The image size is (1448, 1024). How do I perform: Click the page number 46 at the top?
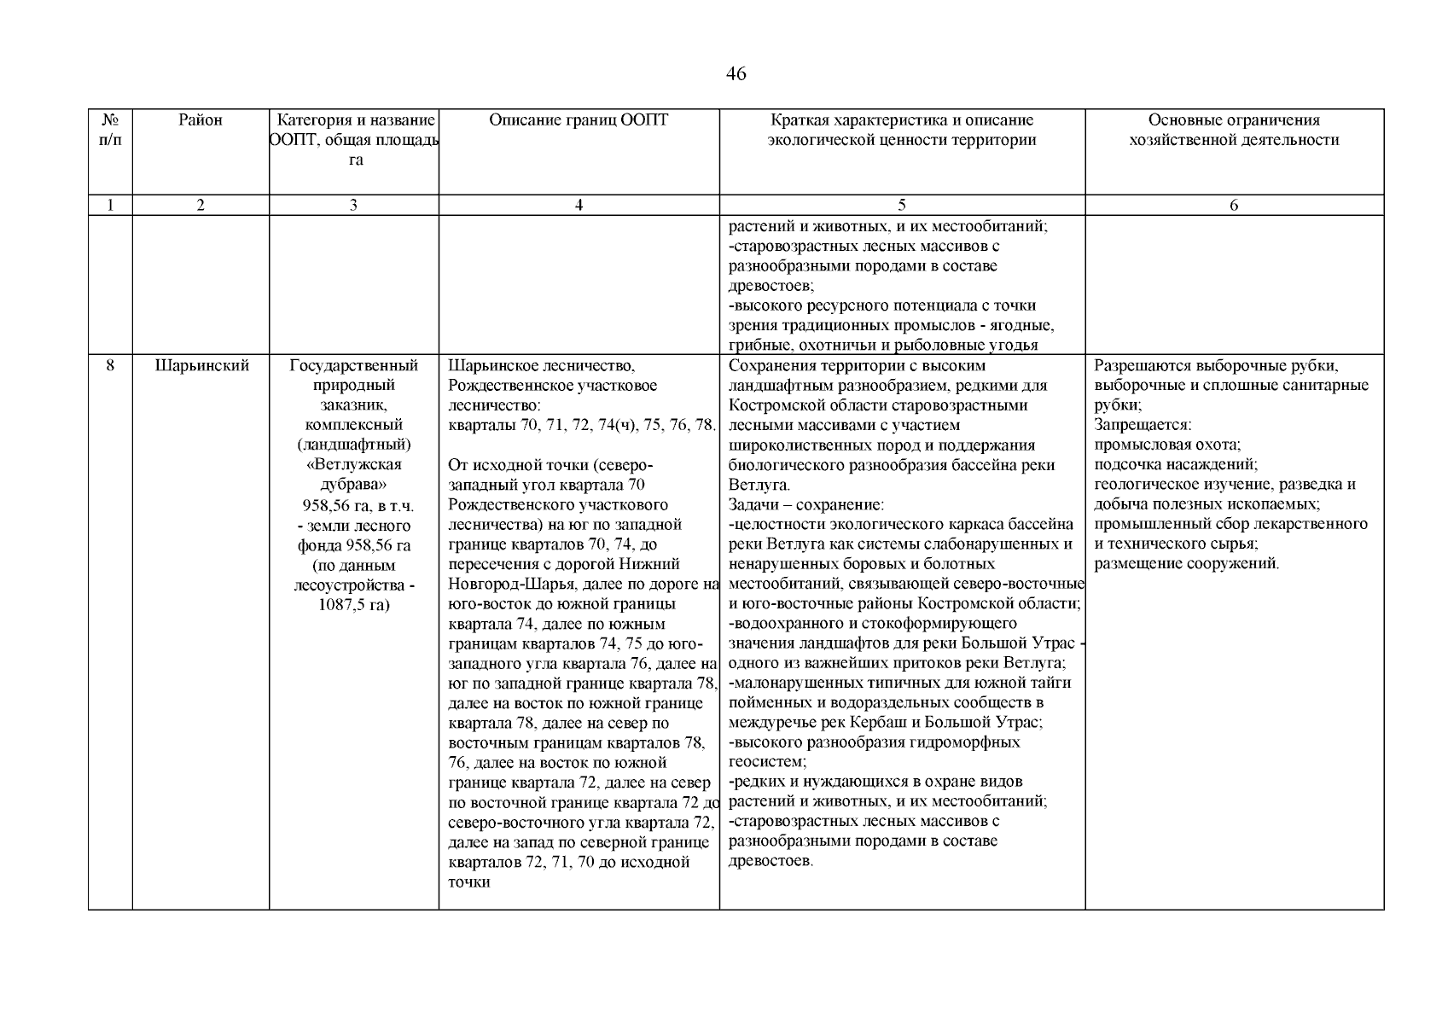[x=736, y=74]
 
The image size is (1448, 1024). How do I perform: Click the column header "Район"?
[x=201, y=120]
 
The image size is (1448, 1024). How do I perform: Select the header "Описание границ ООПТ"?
[x=579, y=120]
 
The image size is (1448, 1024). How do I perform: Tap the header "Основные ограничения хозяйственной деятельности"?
[x=1234, y=131]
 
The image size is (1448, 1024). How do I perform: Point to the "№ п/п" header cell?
[x=110, y=130]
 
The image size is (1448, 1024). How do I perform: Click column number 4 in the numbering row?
[x=579, y=205]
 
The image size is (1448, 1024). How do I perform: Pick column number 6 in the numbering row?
[x=1234, y=205]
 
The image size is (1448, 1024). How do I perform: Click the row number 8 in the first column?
[x=110, y=366]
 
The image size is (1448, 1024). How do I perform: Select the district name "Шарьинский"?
[x=201, y=366]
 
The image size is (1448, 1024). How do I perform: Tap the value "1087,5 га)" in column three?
[x=353, y=605]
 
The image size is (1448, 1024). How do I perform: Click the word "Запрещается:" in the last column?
[x=1143, y=425]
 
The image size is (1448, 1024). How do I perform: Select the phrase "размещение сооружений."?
[x=1187, y=563]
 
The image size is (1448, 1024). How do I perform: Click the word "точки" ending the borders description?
[x=468, y=881]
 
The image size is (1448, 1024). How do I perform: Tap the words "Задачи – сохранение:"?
[x=806, y=504]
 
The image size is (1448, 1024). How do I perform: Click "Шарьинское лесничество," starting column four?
[x=541, y=366]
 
